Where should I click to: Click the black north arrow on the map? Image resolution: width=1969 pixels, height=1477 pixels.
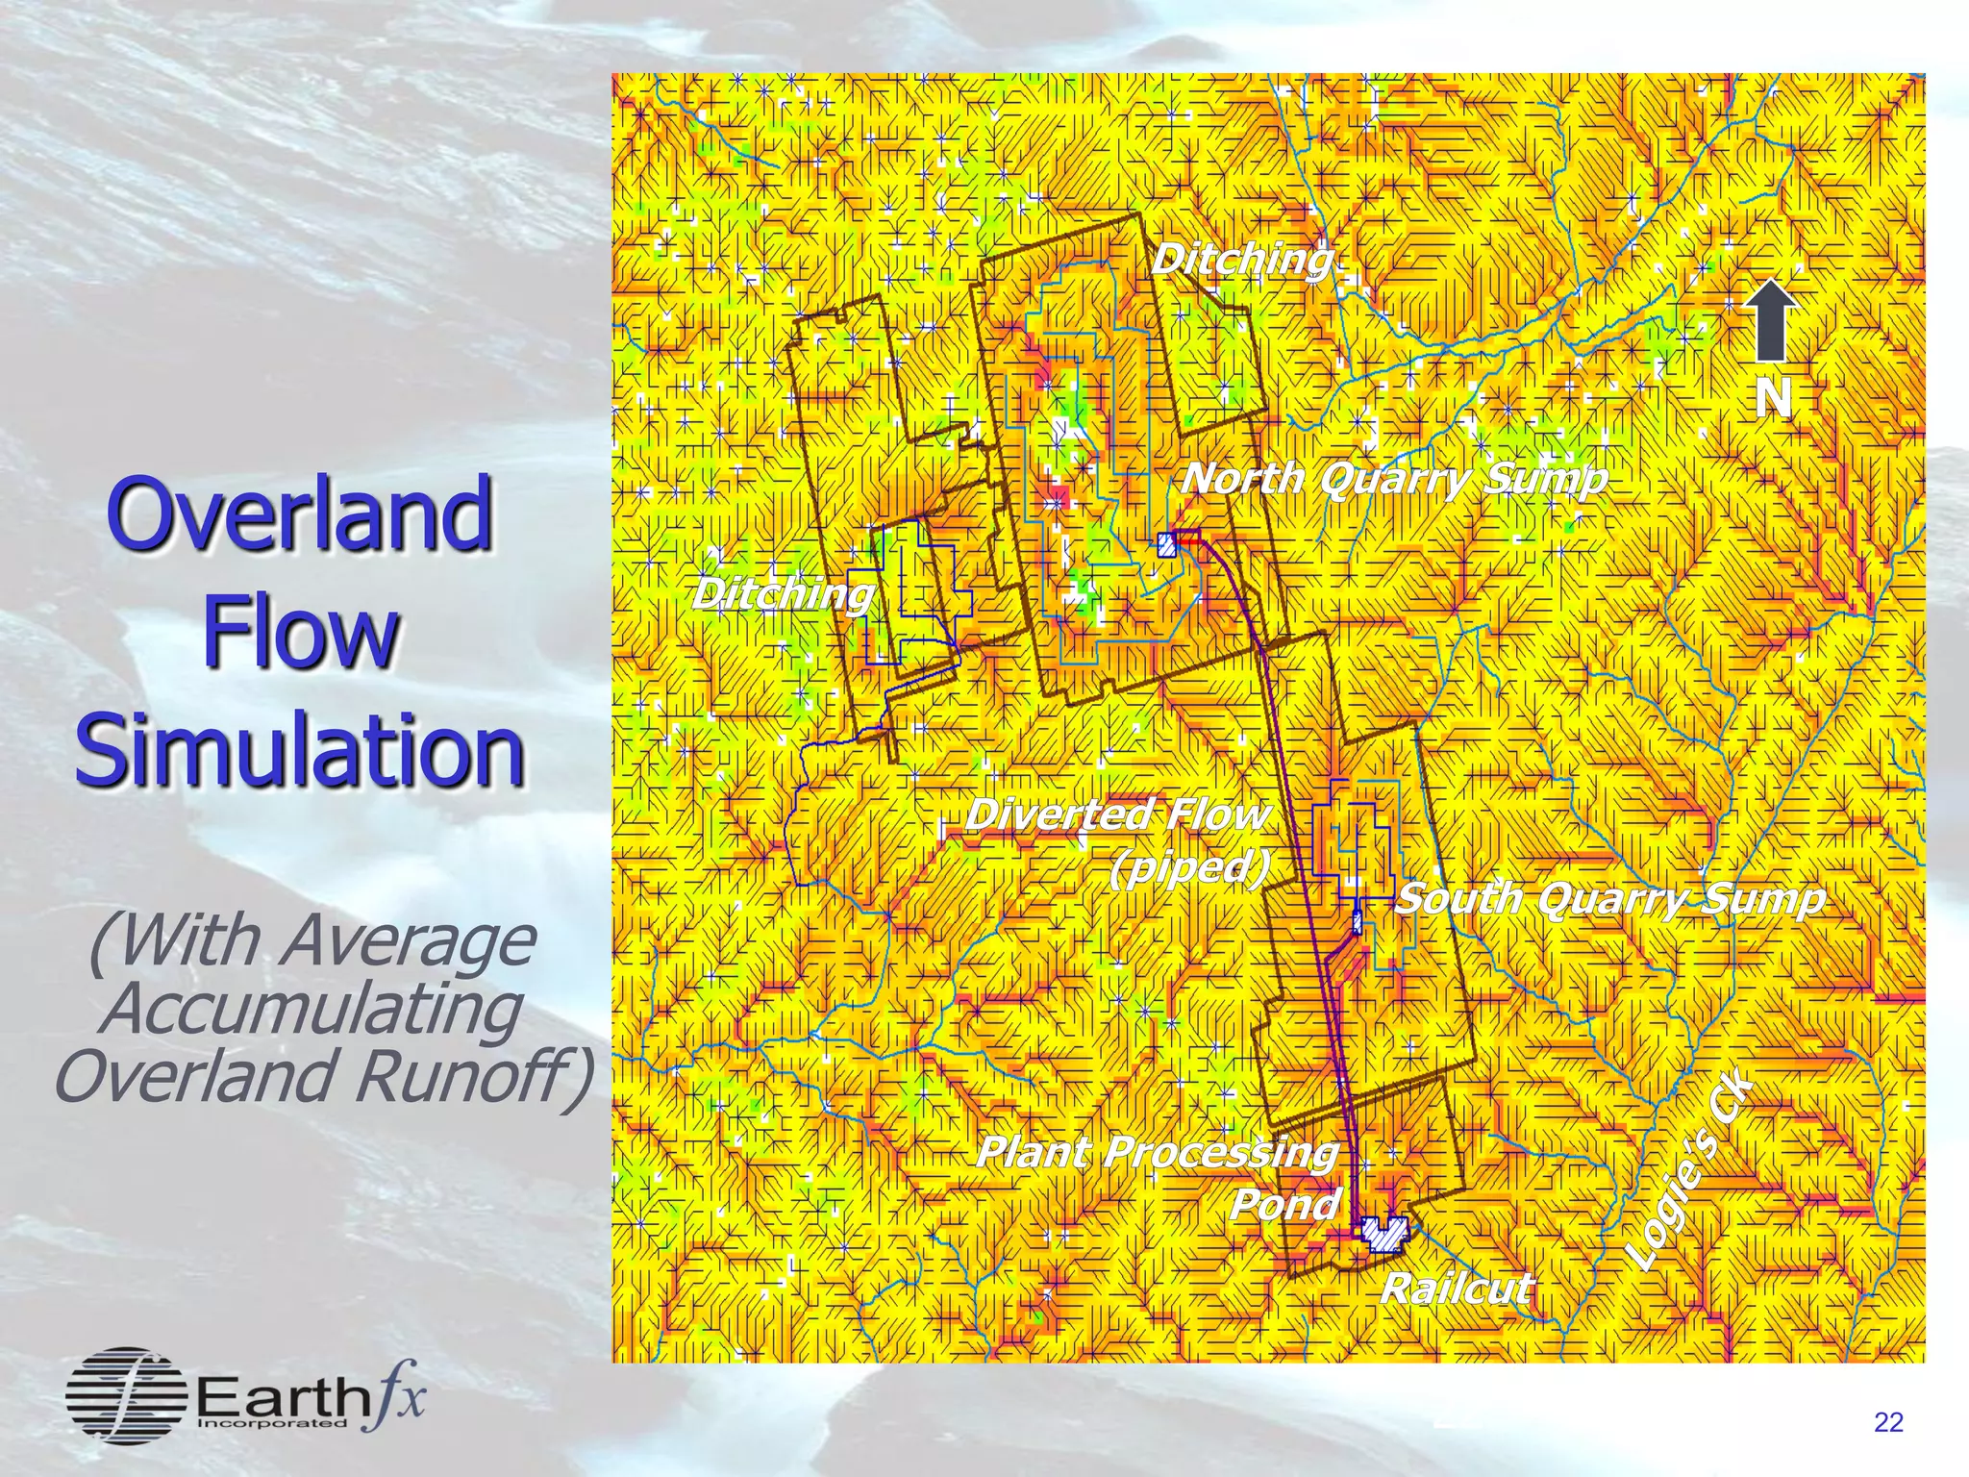point(1771,320)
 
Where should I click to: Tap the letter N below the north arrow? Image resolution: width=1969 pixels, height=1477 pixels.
point(1773,398)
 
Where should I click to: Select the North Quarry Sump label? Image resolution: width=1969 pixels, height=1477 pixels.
point(1394,478)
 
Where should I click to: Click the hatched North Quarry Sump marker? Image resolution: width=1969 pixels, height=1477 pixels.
point(1167,545)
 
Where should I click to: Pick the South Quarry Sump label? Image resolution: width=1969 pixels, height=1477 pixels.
point(1609,898)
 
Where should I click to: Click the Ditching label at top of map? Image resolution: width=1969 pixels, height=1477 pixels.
point(1243,259)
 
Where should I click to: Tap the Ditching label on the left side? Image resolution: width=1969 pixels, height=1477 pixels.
point(783,593)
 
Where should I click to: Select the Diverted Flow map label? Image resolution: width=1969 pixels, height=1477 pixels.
point(1117,814)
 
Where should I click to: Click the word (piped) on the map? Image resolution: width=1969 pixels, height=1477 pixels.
point(1190,867)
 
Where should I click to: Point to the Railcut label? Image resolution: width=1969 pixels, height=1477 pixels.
point(1456,1289)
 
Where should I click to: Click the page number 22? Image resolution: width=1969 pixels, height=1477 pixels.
point(1888,1422)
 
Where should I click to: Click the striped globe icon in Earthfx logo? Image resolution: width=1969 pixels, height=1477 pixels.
point(126,1395)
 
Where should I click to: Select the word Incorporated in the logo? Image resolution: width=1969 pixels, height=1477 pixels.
point(271,1422)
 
